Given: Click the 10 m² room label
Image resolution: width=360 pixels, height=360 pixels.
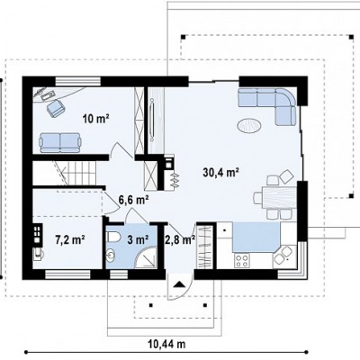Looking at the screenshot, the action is pos(95,119).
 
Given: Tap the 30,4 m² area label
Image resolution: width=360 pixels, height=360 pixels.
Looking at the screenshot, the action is pos(220,172).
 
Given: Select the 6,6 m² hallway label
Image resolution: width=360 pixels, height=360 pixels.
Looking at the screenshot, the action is pos(134,200).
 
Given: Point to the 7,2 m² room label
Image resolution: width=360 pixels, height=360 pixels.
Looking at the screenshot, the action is pos(70,239).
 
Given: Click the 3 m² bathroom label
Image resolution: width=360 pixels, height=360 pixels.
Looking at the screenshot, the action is pos(138,239).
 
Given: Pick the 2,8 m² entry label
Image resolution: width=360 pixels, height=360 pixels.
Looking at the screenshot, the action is pos(180,239).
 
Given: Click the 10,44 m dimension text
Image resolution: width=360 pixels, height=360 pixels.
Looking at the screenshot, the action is pos(166,344).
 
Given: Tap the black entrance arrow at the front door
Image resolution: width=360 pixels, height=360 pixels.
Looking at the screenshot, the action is pos(179,284).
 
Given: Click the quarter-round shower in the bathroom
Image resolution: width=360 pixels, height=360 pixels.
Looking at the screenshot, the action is pos(147,257).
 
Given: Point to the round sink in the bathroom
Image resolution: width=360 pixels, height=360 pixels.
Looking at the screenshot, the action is pos(112,256).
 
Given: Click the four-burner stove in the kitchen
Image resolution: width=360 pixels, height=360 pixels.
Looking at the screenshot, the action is pos(242,260).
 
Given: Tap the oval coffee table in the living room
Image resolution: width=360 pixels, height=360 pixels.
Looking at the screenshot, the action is pos(248,125).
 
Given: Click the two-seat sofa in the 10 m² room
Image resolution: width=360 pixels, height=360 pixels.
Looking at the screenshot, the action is pos(60,142).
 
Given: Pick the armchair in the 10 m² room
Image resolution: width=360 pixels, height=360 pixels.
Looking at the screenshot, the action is pos(55,108).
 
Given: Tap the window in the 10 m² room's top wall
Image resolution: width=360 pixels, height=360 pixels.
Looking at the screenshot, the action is pos(77,82).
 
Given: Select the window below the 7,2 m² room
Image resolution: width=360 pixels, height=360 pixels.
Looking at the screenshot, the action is pos(67,274).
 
